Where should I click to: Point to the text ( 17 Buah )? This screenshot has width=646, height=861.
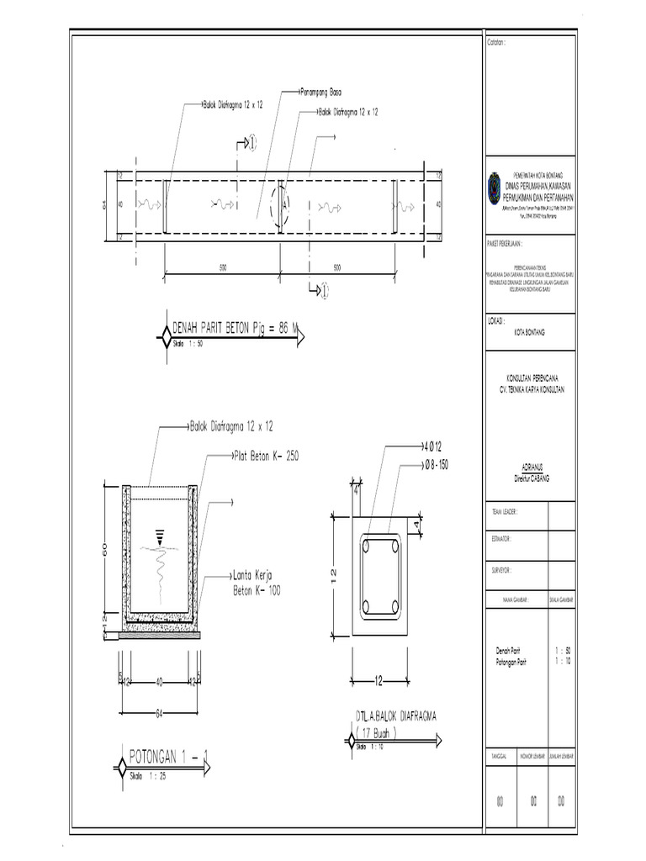tap(384, 732)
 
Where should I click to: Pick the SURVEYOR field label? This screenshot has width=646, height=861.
tap(501, 569)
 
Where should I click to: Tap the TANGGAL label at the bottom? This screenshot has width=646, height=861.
tap(500, 757)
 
